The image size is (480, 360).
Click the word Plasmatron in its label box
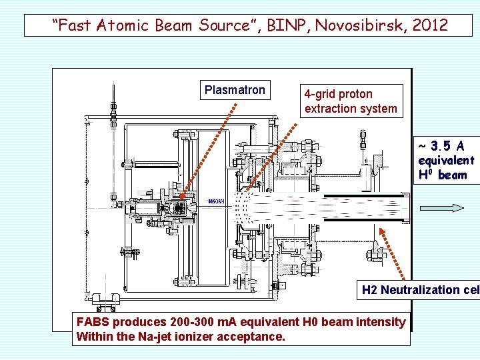(235, 90)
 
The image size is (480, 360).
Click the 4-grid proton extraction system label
(351, 101)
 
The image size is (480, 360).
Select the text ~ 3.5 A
(441, 146)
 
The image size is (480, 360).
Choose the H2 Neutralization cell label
(419, 290)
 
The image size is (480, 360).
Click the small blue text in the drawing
(216, 201)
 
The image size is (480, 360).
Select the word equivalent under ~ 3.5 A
(446, 161)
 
